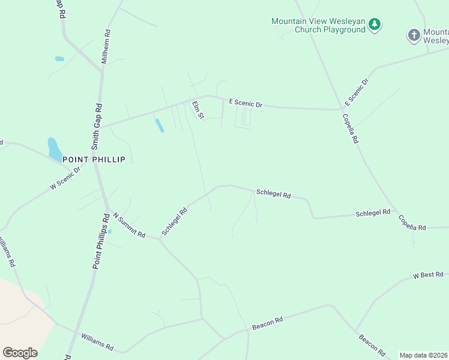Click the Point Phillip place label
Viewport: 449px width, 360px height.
tap(98, 160)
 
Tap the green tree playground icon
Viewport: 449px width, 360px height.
tap(375, 25)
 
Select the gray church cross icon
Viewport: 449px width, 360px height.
tap(414, 35)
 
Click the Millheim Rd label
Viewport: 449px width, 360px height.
tap(106, 47)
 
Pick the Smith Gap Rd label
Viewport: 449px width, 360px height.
tap(97, 126)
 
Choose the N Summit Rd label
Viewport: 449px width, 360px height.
tap(129, 226)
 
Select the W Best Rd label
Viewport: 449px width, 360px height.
tap(427, 275)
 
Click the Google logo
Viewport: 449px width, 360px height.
tap(20, 353)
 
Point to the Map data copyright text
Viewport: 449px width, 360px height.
tap(423, 355)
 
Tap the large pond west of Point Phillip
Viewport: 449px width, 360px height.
tap(54, 149)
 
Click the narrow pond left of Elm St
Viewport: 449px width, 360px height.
tap(159, 125)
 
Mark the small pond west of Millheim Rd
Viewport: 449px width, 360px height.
tap(59, 59)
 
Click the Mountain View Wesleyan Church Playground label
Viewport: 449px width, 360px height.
tap(318, 25)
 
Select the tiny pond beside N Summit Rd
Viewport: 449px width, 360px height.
tap(109, 232)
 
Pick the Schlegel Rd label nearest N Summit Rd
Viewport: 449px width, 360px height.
tap(175, 221)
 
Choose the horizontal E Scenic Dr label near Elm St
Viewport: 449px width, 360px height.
tap(246, 104)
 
